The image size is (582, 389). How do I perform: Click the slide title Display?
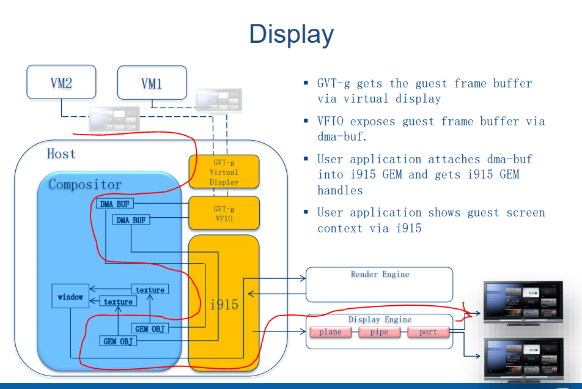(292, 34)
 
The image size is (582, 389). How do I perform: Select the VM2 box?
(61, 82)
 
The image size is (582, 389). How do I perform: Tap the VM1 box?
(152, 83)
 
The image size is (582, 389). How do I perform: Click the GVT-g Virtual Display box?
(224, 171)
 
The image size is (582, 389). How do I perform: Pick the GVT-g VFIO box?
(224, 213)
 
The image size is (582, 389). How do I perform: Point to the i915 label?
(224, 304)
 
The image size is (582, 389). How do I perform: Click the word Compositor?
(85, 184)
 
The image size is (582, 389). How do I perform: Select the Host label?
(61, 154)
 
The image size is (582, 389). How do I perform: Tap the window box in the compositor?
(70, 297)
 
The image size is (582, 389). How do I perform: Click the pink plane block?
(330, 332)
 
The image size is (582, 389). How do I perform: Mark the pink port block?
(428, 332)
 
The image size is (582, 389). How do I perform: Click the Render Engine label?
(380, 275)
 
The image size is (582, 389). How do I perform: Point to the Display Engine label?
(380, 319)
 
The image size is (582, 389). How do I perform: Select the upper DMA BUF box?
(115, 204)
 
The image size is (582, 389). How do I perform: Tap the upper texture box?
(150, 289)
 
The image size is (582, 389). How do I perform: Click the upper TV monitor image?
(523, 301)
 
